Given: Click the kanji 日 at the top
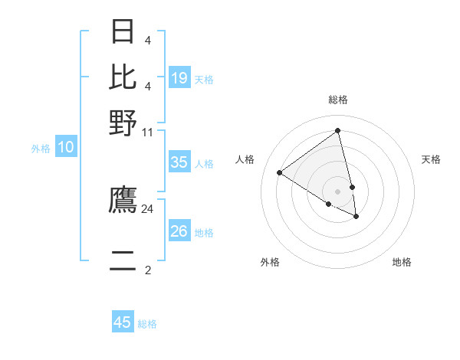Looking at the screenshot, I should click(123, 32).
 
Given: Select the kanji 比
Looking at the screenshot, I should click(123, 77).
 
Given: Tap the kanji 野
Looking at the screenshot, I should click(123, 123).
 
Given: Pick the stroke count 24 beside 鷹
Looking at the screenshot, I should click(148, 208).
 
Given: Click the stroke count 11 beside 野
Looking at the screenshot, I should click(148, 132).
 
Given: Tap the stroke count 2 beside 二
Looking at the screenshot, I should click(148, 270).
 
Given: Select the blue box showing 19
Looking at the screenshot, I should click(179, 78).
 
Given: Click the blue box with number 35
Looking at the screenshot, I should click(179, 162).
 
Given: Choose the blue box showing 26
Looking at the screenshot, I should click(179, 231).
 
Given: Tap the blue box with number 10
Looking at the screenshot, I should click(66, 148).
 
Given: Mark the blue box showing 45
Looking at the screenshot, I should click(123, 322).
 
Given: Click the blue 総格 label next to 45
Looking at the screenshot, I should click(147, 324).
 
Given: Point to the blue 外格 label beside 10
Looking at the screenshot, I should click(41, 149).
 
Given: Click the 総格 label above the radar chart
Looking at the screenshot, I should click(338, 100).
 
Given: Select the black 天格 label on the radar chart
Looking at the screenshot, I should click(432, 159).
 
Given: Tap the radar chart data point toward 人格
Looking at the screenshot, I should click(280, 172).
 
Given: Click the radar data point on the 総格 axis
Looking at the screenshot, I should click(338, 130).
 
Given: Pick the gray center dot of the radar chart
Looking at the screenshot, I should click(338, 191).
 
